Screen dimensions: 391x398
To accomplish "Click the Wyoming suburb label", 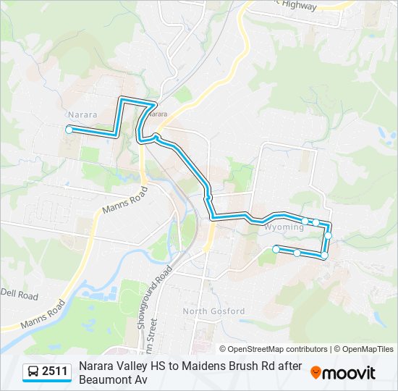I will coord(284,227).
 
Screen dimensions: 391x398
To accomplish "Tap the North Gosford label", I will coord(213,311).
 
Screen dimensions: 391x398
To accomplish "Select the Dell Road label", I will coord(19,295).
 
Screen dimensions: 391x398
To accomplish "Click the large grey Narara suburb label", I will coord(82,114).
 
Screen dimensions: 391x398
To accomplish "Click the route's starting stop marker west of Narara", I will coord(69,130).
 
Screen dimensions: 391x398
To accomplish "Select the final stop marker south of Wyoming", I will coord(276,249).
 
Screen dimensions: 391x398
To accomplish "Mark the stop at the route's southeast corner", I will coord(324,256).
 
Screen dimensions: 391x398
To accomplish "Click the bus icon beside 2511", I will coord(33,372).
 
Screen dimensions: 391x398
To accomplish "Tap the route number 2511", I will coord(55,372).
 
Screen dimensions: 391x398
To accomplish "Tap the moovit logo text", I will coord(349,374).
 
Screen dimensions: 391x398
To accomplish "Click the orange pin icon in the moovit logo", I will coord(316,373).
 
